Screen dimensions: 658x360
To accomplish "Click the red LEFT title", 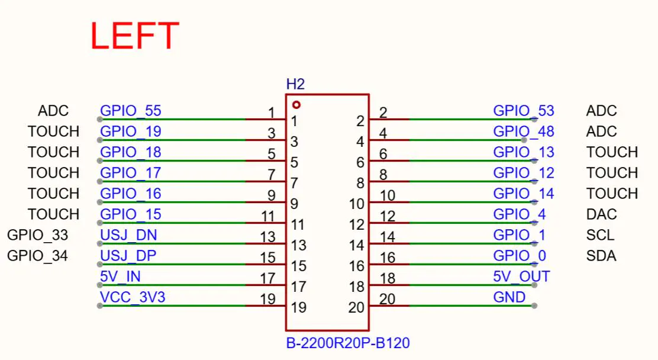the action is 135,36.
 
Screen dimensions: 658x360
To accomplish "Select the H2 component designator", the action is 295,85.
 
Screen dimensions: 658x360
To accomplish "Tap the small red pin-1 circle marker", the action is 296,105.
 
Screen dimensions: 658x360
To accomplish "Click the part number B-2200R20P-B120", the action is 348,343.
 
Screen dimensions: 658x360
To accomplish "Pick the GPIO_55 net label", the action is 131,111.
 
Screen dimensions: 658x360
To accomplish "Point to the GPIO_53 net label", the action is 524,111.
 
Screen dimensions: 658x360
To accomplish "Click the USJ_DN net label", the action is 128,235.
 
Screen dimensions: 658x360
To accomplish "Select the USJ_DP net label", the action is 128,255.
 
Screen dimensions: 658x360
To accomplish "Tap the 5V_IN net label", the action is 120,277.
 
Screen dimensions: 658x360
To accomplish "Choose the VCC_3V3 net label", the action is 133,297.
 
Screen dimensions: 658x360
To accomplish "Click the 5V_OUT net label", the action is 522,277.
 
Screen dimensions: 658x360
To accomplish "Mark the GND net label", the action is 509,297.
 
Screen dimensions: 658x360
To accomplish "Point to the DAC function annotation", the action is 601,214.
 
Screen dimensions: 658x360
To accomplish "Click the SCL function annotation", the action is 600,235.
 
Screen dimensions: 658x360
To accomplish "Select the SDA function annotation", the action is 601,255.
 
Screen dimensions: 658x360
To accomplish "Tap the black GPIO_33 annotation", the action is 38,235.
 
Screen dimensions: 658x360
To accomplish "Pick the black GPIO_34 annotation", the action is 38,255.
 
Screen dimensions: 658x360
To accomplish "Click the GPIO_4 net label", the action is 520,214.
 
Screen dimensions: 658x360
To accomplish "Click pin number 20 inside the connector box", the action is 356,307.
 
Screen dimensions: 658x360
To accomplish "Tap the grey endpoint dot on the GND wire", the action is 534,306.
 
